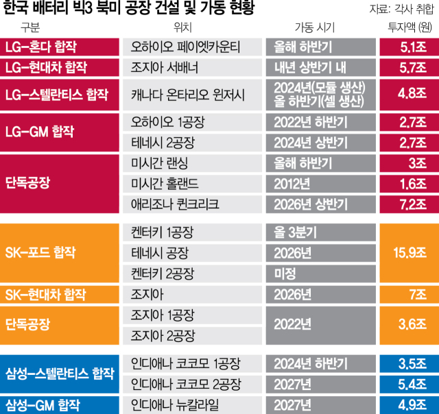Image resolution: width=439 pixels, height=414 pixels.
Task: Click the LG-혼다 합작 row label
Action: point(58,47)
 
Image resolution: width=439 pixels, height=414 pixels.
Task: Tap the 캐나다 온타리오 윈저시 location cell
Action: point(194,94)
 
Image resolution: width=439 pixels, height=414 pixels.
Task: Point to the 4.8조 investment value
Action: point(407,94)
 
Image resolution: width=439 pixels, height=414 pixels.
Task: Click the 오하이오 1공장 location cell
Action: point(194,123)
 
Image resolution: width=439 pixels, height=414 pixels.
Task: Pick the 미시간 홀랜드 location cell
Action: point(194,184)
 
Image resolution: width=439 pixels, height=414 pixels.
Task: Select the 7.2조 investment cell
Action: point(407,204)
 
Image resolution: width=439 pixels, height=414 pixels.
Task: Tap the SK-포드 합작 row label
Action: point(58,253)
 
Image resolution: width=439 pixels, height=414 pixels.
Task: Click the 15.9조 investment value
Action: point(407,253)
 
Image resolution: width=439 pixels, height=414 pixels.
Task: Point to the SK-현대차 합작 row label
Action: point(58,295)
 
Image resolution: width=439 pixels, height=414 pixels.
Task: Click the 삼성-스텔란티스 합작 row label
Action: point(58,373)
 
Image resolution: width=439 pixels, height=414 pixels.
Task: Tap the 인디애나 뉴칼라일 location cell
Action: point(194,403)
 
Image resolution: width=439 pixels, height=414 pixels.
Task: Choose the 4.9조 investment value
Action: point(407,403)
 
